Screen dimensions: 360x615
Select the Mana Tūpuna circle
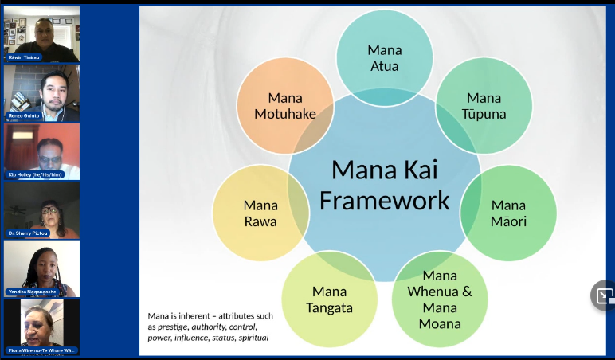(484, 105)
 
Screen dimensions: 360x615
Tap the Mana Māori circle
(508, 213)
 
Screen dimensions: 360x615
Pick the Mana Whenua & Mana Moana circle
(440, 299)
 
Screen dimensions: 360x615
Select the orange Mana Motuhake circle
(284, 106)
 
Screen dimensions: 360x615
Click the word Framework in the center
(384, 200)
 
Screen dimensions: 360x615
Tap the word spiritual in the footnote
(253, 338)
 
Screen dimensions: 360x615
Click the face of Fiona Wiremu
(38, 323)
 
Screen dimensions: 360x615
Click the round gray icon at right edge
(604, 295)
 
